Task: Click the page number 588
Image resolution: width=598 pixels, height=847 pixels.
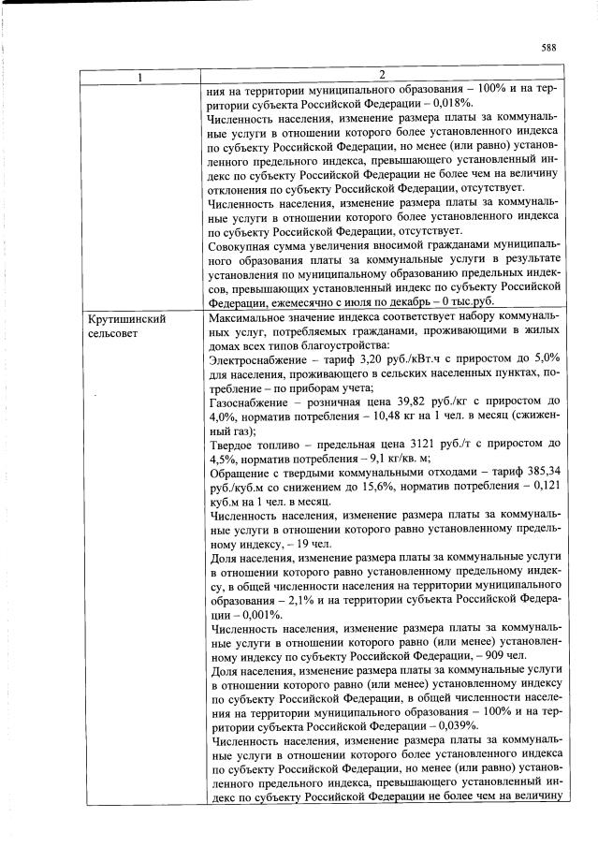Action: coord(549,48)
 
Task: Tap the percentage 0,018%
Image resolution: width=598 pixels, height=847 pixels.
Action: coord(446,104)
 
